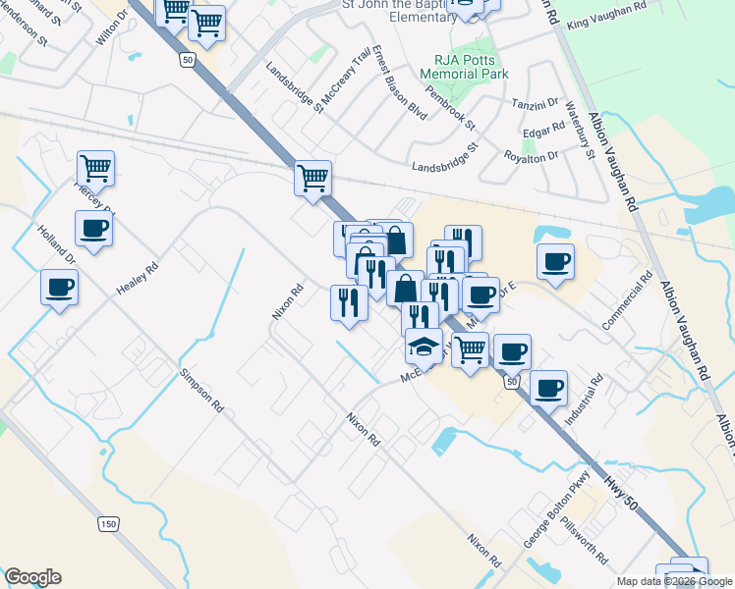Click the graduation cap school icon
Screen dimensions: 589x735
[x=424, y=346]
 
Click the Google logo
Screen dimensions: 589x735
[x=32, y=577]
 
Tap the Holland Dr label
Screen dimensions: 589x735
[x=56, y=245]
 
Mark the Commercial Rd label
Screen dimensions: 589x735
[x=627, y=300]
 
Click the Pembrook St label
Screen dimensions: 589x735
[x=458, y=112]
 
